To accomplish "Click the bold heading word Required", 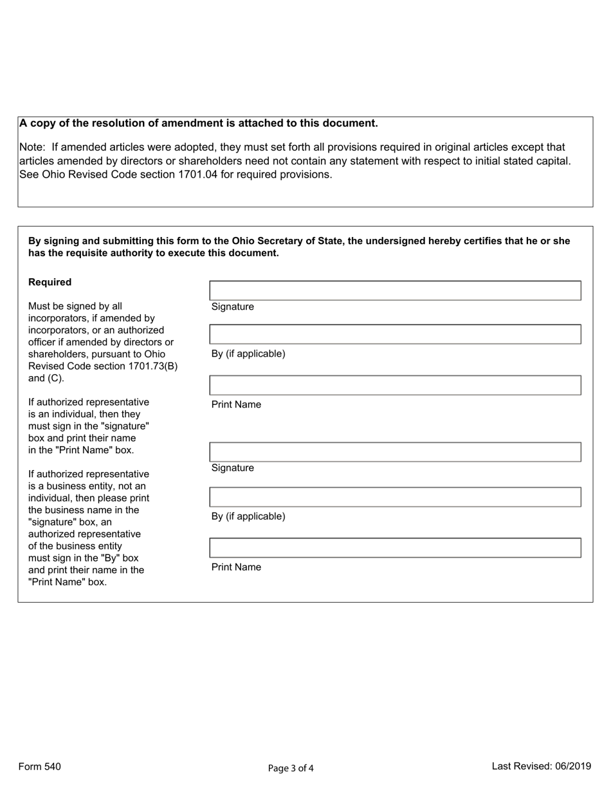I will coord(50,282).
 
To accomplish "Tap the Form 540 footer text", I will coord(40,766).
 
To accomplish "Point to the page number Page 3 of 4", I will coord(291,768).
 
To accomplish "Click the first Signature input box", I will coord(395,290).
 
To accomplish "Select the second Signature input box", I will coord(395,452).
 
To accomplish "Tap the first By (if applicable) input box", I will coord(395,334).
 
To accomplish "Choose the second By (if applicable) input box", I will coord(395,497).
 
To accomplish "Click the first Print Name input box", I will coord(395,385).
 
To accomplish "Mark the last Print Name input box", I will coord(395,547).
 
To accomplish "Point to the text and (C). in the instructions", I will coord(46,378).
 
